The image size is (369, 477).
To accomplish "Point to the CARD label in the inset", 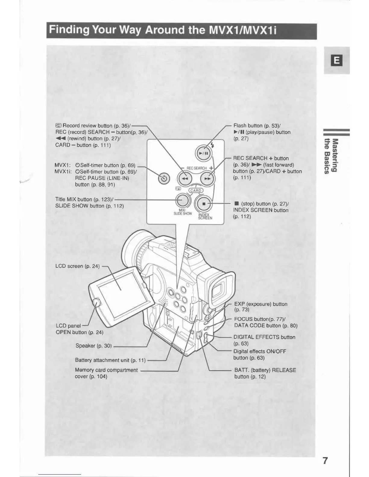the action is click(x=196, y=190).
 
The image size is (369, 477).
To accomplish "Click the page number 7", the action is click(x=325, y=461).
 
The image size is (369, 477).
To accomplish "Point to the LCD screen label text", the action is click(x=77, y=266).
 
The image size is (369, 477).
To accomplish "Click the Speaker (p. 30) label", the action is click(x=93, y=346).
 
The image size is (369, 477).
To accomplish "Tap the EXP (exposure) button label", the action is click(x=260, y=304).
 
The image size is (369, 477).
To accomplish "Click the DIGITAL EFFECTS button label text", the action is click(x=264, y=337).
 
